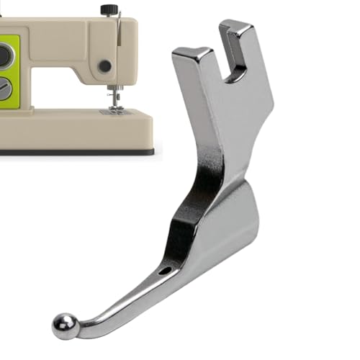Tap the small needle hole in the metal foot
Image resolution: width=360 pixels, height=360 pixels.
[x=166, y=271]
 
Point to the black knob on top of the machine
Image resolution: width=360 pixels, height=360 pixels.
[x=109, y=9]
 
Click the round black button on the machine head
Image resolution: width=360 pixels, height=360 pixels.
[x=105, y=66]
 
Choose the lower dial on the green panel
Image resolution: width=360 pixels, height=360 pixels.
[x=4, y=89]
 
